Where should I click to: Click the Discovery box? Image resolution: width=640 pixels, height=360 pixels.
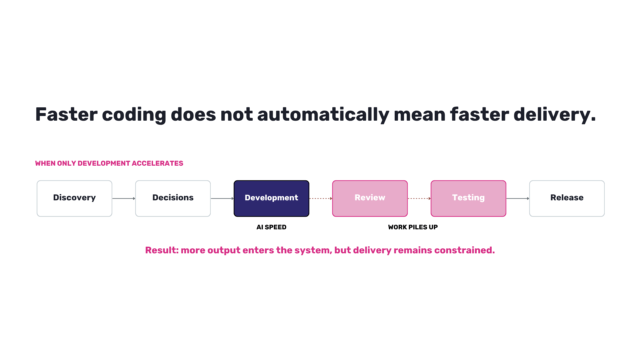(74, 198)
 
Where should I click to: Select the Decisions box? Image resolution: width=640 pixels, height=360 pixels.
(173, 198)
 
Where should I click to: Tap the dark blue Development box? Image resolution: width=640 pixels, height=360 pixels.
(271, 198)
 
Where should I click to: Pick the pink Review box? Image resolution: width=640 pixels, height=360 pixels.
(370, 198)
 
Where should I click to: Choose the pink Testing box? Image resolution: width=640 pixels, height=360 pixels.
(468, 198)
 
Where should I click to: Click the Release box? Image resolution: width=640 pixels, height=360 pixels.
(567, 198)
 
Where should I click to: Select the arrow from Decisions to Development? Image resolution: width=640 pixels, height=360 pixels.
(222, 198)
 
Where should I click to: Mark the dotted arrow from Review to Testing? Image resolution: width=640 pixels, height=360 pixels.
(419, 198)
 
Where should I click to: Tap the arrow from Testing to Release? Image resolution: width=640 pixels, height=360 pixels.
(518, 198)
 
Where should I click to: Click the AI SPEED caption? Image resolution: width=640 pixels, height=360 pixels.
(271, 227)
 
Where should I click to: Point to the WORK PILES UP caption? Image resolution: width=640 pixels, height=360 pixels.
(413, 227)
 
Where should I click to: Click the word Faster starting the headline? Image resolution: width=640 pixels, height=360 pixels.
(66, 114)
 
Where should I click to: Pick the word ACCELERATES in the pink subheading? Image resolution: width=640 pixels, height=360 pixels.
(157, 163)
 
